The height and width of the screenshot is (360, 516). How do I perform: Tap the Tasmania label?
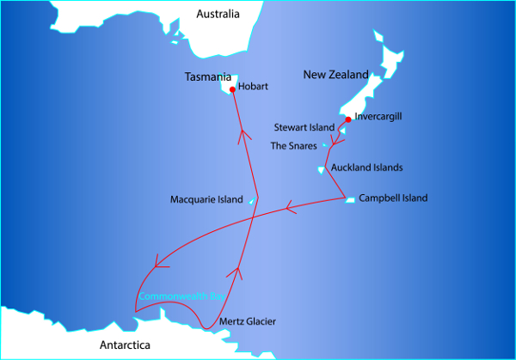(x=208, y=77)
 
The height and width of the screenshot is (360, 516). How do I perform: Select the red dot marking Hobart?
(x=232, y=89)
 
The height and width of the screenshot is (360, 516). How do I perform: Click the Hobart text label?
(x=255, y=87)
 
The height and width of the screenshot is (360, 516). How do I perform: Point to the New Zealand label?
(x=335, y=76)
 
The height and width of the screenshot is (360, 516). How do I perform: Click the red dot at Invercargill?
(x=347, y=119)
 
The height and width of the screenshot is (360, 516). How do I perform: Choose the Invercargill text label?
(x=378, y=116)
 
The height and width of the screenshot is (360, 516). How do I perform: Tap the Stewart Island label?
(x=303, y=127)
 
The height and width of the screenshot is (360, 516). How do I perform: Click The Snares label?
(x=294, y=146)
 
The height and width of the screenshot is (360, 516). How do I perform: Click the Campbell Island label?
(x=393, y=198)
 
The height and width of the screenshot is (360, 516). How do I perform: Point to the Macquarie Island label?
(x=207, y=200)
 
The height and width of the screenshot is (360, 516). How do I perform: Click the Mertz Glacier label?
(x=248, y=321)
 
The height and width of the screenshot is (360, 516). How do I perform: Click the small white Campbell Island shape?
(x=350, y=200)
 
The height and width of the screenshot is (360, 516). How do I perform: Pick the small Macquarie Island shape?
(x=251, y=202)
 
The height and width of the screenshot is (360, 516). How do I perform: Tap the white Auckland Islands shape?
(x=321, y=169)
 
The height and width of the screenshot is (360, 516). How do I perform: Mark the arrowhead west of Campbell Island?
(x=290, y=207)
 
